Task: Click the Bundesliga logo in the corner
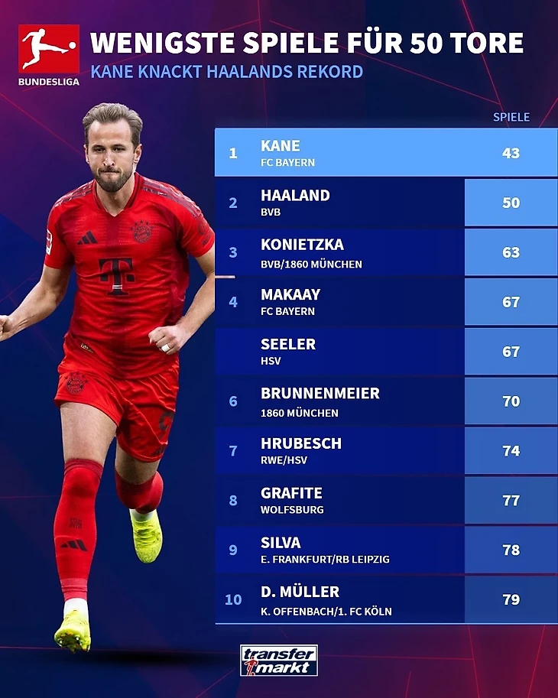49,54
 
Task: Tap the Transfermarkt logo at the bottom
278,661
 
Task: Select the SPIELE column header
511,117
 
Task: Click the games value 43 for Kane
511,153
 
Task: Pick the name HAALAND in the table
295,196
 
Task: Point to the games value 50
511,203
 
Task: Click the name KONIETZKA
302,245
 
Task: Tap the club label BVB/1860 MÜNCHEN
311,264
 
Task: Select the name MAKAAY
290,294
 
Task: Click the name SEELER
288,345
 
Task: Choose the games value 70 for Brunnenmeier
511,401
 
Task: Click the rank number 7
233,451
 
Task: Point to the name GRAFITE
291,493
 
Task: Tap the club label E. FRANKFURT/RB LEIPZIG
325,560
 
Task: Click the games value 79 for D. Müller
511,600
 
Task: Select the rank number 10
233,600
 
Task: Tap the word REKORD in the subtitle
330,73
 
